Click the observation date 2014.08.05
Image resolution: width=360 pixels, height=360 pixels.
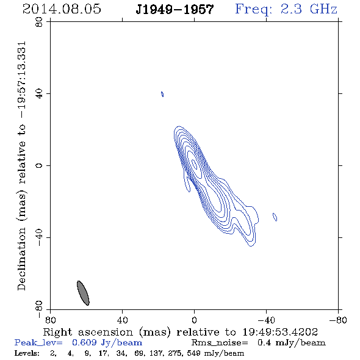[x=62, y=9]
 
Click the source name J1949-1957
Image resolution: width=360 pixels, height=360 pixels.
[x=175, y=10]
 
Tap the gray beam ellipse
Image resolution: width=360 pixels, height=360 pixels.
[x=83, y=293]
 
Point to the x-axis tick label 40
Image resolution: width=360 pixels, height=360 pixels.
[x=122, y=320]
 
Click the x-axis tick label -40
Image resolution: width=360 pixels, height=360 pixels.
[x=266, y=320]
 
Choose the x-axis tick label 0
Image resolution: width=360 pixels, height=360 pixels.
[x=194, y=320]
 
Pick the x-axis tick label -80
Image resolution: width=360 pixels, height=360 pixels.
[x=338, y=320]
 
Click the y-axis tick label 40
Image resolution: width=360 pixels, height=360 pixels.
[x=39, y=94]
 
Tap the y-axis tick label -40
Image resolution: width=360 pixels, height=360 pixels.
[x=39, y=237]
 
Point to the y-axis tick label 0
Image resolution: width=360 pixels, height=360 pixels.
[x=39, y=165]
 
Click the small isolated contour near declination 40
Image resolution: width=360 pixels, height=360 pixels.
[x=162, y=94]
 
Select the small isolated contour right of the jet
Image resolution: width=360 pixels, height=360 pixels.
[x=275, y=217]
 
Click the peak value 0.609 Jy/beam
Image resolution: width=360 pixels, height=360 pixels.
[x=107, y=342]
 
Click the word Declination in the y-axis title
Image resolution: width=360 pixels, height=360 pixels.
[x=21, y=259]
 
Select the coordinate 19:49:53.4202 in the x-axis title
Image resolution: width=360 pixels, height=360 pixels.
[x=280, y=332]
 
